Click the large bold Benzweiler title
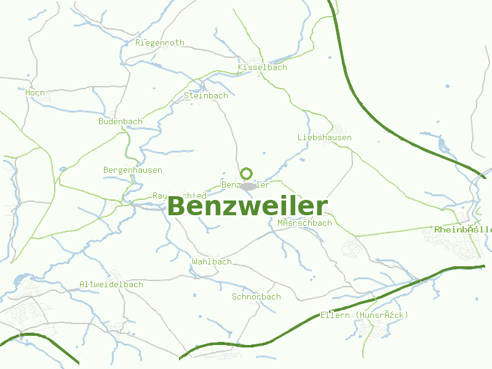click(248, 207)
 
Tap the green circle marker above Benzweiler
click(247, 173)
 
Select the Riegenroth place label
click(160, 43)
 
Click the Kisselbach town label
click(263, 67)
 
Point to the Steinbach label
click(206, 95)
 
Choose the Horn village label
click(35, 93)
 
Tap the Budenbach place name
click(121, 121)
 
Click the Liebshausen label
click(324, 137)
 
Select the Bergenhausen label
click(133, 170)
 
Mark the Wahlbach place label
click(212, 261)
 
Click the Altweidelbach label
click(111, 284)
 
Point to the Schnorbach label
click(256, 296)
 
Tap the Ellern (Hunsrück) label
click(364, 315)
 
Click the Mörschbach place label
click(304, 223)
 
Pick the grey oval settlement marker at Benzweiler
click(248, 186)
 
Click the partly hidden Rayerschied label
click(161, 196)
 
